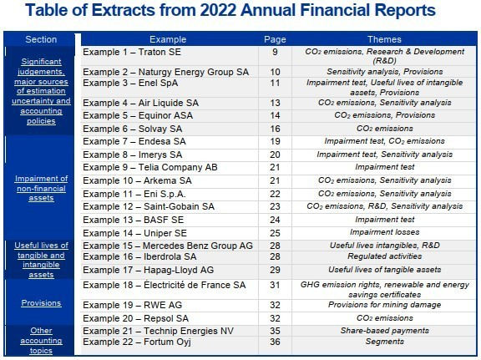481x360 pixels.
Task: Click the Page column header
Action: [x=275, y=39]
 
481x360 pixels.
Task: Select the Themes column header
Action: [x=384, y=39]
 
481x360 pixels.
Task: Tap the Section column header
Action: [x=41, y=39]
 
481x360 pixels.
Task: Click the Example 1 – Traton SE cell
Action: [x=132, y=52]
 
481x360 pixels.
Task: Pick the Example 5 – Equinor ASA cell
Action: [x=138, y=115]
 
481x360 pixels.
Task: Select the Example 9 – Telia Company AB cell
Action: [x=150, y=167]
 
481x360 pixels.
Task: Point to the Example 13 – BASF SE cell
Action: [x=133, y=220]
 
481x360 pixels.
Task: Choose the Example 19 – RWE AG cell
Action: [x=132, y=305]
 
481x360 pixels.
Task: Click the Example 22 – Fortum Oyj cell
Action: [x=137, y=342]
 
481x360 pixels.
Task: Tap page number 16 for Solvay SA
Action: [x=275, y=129]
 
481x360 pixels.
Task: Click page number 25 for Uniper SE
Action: [x=275, y=233]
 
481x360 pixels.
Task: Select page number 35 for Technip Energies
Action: [x=275, y=331]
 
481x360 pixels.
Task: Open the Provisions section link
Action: [x=41, y=303]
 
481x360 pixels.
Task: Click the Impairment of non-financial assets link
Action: [x=41, y=188]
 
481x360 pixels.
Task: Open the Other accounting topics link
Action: [x=41, y=340]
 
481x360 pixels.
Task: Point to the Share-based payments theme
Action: [x=384, y=331]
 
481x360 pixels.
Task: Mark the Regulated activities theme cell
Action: [x=384, y=256]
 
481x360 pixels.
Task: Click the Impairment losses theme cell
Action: [x=384, y=232]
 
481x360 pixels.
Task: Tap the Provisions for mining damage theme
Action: [x=384, y=305]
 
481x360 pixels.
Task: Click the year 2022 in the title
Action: [x=218, y=10]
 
